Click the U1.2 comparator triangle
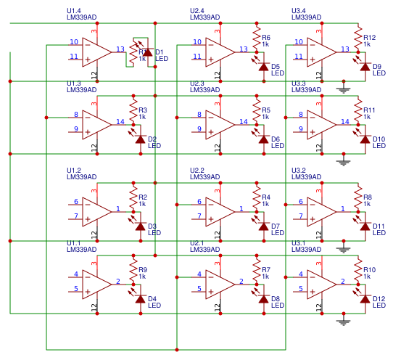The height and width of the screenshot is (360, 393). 96,210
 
